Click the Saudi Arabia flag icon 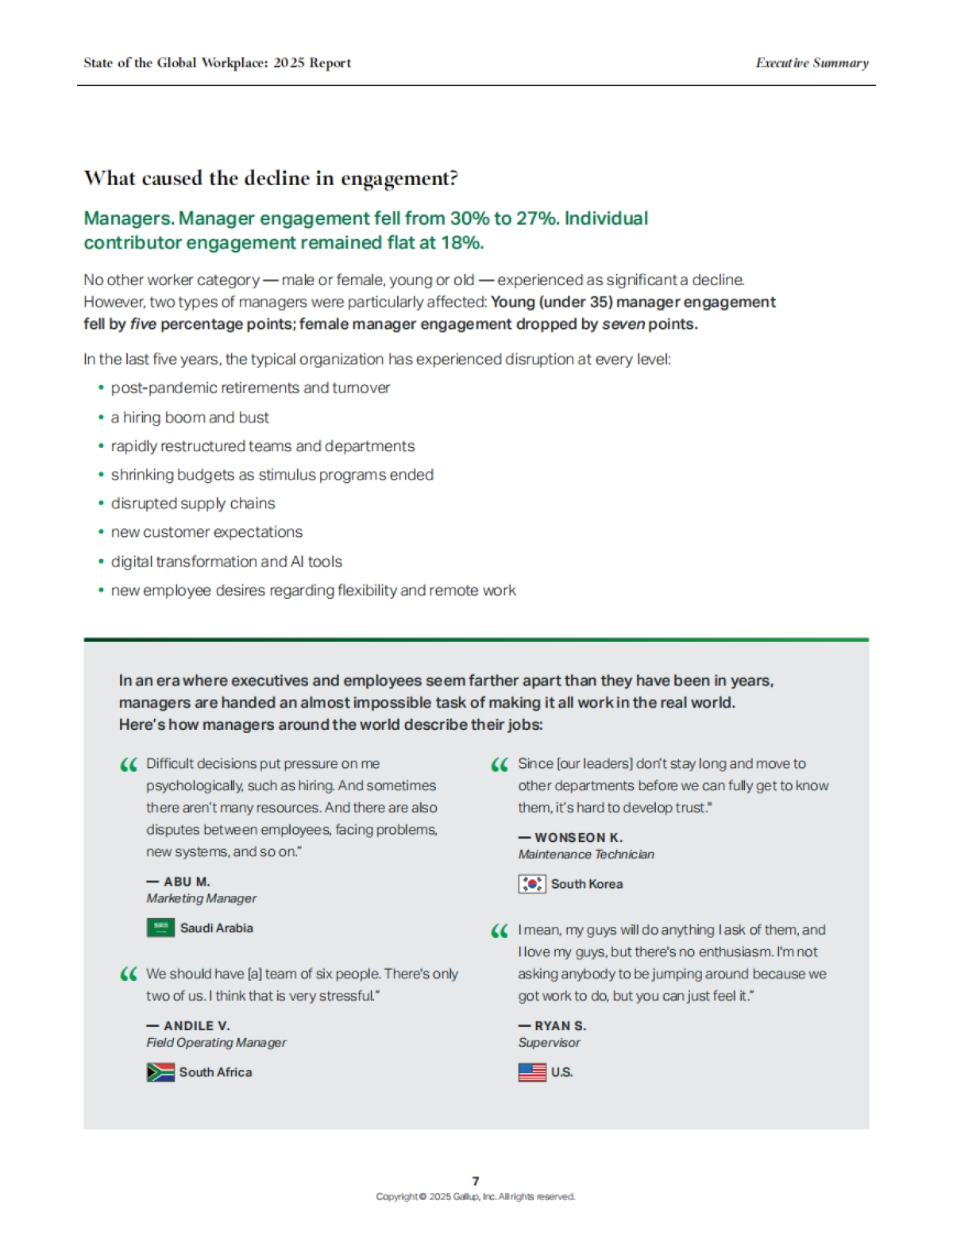(160, 928)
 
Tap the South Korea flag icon (531, 884)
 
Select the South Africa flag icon (160, 1072)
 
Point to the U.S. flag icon (531, 1072)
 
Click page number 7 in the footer (476, 1181)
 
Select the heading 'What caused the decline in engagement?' (271, 178)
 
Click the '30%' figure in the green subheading (471, 218)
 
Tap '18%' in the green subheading (461, 243)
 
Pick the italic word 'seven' (623, 324)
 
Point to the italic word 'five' (143, 324)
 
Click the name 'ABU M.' (187, 882)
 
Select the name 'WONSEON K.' (578, 838)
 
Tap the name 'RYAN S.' (560, 1026)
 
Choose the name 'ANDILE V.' (196, 1026)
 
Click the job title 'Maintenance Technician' (586, 855)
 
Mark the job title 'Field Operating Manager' (216, 1043)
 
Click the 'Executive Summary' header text (812, 63)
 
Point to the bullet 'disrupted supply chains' (193, 504)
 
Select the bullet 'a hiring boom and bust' (190, 418)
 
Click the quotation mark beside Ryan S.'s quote (500, 932)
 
